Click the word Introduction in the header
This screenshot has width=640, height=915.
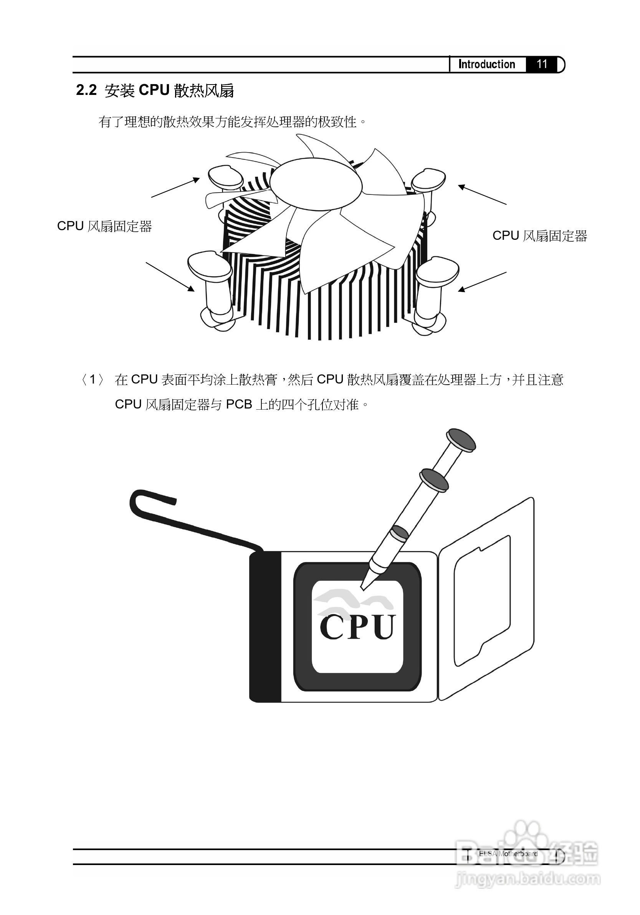pos(486,64)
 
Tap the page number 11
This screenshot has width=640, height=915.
pos(542,64)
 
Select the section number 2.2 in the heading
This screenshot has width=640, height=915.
pos(86,90)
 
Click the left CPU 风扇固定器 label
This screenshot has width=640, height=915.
pos(104,226)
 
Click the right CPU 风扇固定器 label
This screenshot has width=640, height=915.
pos(540,236)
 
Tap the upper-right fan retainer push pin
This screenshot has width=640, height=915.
pos(428,181)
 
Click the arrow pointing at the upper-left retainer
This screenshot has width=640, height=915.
pos(175,187)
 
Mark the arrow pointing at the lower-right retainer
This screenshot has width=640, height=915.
pos(482,282)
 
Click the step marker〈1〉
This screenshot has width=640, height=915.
pos(93,379)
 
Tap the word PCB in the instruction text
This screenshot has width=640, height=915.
pos(239,405)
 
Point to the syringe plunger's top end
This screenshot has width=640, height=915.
pos(461,440)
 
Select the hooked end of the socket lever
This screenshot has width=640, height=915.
pos(137,499)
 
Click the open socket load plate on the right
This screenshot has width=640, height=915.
pos(486,598)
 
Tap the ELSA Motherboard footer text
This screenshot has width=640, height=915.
pos(508,854)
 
